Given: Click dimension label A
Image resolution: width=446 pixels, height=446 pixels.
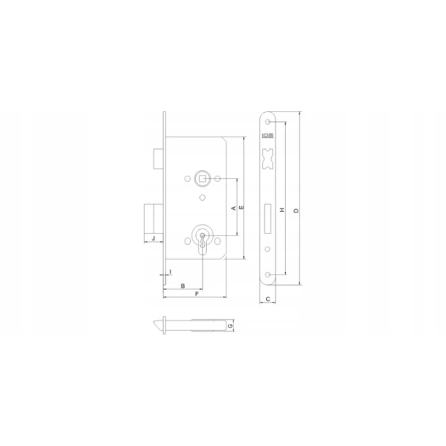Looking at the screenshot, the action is (234, 208).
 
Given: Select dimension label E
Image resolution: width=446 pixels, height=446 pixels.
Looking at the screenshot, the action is (242, 208).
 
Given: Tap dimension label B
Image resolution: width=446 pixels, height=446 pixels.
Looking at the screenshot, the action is (183, 286).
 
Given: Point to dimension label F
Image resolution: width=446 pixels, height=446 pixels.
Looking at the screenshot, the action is (197, 294).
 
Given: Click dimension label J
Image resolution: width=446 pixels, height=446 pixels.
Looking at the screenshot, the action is (153, 238).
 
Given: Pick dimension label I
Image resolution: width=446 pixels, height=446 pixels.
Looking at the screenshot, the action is (170, 272).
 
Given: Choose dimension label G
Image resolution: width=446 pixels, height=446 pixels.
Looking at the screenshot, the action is (231, 325).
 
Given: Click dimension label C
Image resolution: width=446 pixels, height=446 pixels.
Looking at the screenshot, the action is (268, 299).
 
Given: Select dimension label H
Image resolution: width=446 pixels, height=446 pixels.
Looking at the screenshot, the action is (282, 210).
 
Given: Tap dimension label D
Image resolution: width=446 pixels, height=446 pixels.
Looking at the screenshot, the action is (296, 210).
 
